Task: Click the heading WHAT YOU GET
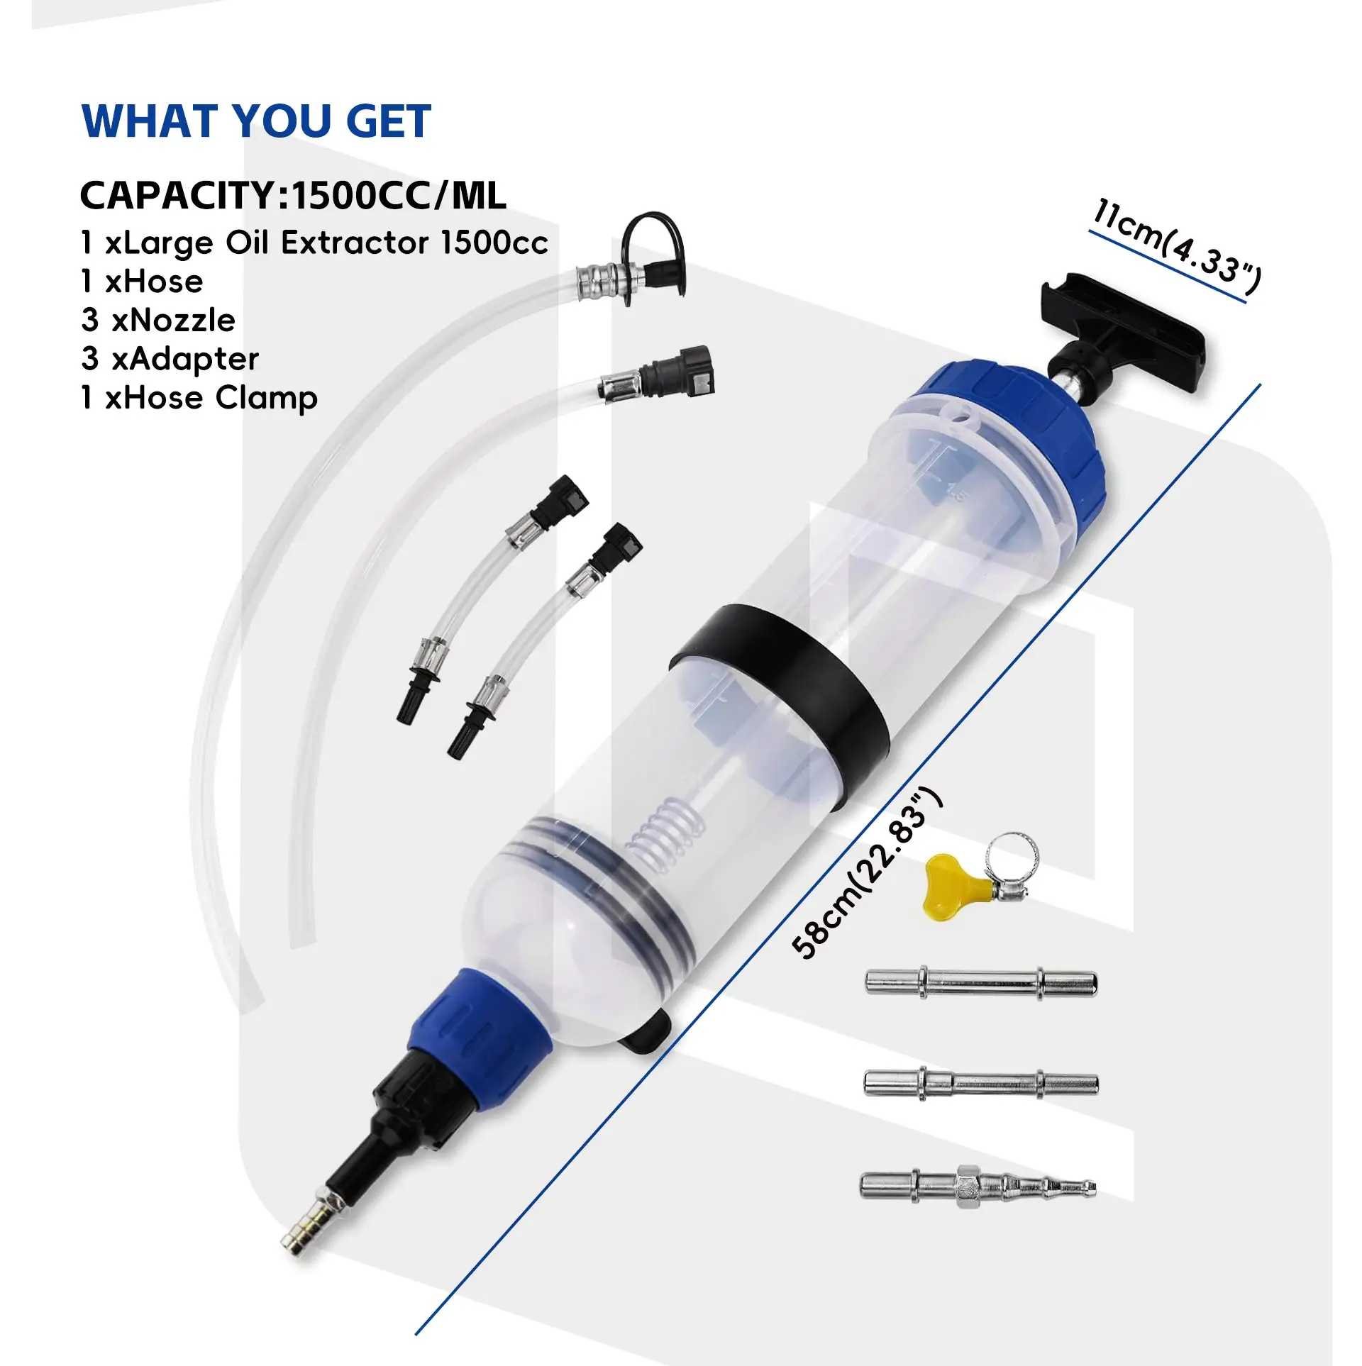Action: pyautogui.click(x=256, y=121)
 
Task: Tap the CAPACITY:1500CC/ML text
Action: pyautogui.click(x=293, y=196)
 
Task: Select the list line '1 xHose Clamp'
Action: pyautogui.click(x=199, y=398)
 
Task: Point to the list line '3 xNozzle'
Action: pyautogui.click(x=158, y=321)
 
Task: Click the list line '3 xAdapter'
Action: pyautogui.click(x=170, y=359)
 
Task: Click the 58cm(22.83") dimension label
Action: pyautogui.click(x=867, y=874)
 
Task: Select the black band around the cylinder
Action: pyautogui.click(x=780, y=684)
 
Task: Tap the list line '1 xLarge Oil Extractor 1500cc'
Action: pyautogui.click(x=314, y=243)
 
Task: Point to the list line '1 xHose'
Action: pyautogui.click(x=142, y=282)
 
